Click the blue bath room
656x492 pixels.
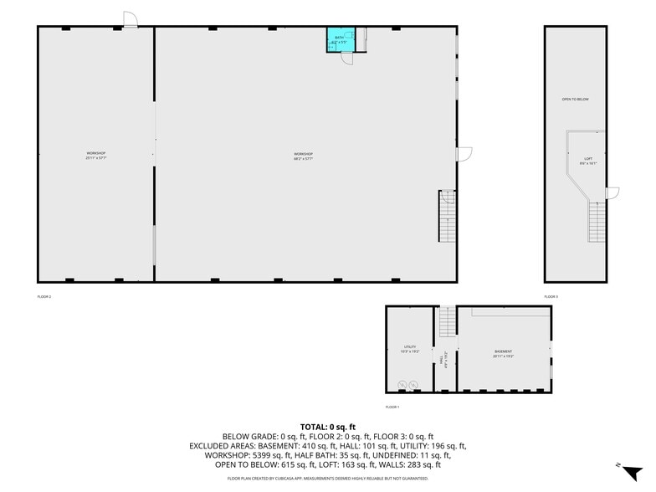339,39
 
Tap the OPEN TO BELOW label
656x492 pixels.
575,100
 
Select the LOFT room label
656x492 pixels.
588,159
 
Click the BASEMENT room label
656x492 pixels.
503,351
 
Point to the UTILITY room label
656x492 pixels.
410,346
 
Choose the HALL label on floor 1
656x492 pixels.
441,358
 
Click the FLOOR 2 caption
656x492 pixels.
44,296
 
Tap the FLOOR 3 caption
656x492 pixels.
551,296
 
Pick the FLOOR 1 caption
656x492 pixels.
392,407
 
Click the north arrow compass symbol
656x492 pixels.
633,470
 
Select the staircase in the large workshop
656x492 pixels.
447,217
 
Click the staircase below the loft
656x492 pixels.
596,222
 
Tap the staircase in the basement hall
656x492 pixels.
447,321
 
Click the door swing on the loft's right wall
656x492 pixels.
612,193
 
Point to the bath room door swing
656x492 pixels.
348,58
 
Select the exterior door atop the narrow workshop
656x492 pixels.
130,19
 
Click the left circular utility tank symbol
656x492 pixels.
402,385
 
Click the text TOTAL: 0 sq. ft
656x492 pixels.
327,427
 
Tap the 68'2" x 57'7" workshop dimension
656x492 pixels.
303,159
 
